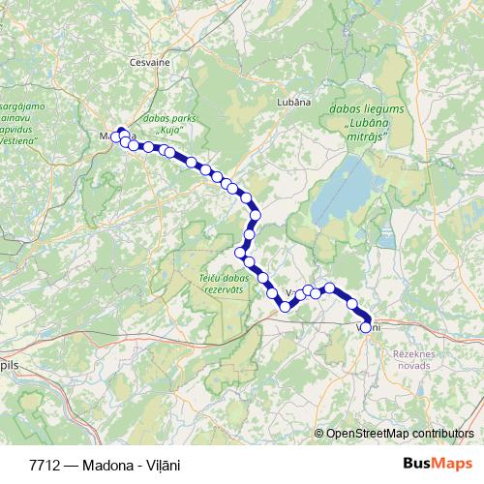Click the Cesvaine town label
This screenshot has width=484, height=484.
(x=149, y=60)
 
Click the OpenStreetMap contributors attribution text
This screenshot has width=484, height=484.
(x=400, y=433)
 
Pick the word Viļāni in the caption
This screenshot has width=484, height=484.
(x=163, y=465)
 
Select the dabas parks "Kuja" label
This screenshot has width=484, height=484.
(x=163, y=123)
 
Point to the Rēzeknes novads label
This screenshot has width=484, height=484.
(x=415, y=360)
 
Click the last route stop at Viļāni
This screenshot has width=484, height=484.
(x=366, y=326)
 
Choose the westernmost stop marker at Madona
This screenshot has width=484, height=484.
(x=115, y=137)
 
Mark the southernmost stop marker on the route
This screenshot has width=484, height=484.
(x=286, y=307)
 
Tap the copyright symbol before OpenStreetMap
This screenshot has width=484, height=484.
(x=319, y=433)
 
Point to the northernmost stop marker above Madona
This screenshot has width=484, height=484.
(x=121, y=132)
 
